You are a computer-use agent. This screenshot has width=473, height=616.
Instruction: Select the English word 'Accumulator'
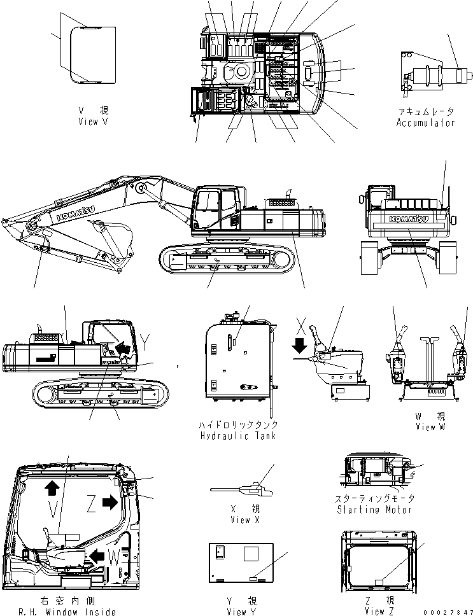click(x=426, y=122)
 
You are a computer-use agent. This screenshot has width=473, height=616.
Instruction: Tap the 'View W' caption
click(x=430, y=427)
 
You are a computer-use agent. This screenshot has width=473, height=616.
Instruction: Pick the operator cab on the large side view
click(x=216, y=207)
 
